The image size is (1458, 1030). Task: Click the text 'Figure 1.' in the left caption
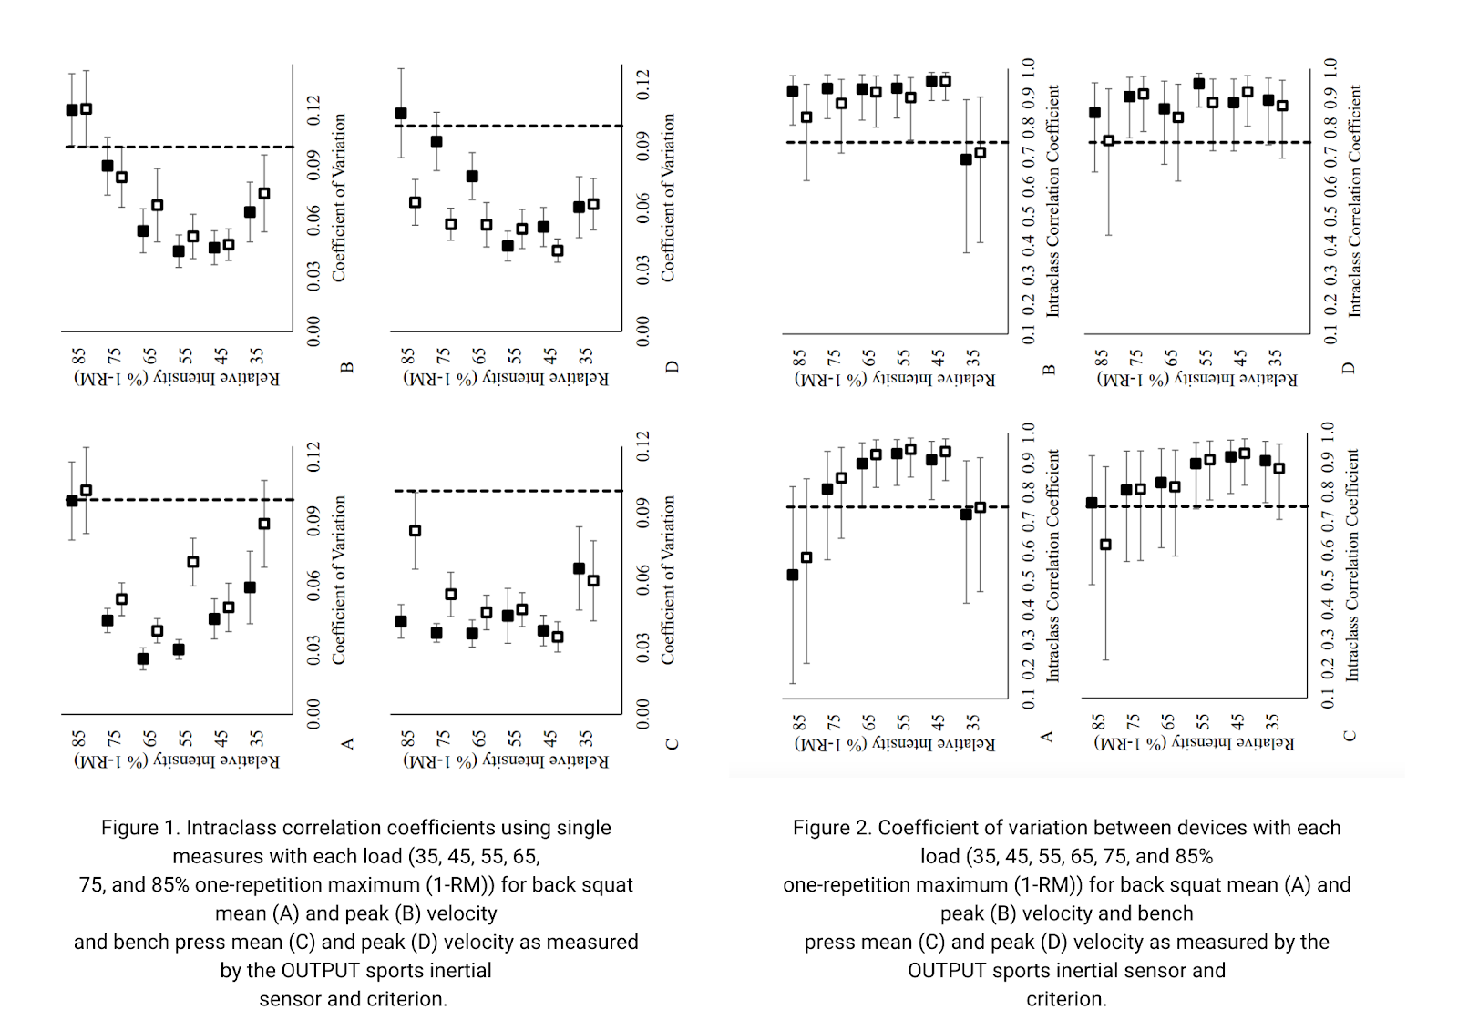(x=141, y=828)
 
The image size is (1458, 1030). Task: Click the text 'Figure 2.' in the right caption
(x=833, y=828)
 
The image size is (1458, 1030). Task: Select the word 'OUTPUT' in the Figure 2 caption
(x=947, y=971)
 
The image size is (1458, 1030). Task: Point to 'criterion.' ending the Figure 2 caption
(x=1066, y=999)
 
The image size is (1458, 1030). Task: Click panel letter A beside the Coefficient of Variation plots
(x=347, y=744)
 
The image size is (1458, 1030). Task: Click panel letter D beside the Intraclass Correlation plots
(x=1350, y=368)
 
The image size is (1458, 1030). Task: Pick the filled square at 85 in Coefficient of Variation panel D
(x=401, y=114)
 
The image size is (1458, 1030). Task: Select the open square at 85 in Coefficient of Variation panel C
(x=416, y=531)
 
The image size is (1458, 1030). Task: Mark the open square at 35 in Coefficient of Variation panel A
(x=264, y=524)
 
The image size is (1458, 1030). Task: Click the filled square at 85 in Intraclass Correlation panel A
(x=793, y=575)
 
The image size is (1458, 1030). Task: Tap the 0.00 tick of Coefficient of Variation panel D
(x=643, y=331)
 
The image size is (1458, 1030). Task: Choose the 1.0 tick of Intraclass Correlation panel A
(x=1029, y=431)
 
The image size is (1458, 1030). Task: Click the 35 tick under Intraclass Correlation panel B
(x=973, y=356)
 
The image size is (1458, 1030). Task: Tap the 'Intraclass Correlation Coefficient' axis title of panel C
(x=1352, y=565)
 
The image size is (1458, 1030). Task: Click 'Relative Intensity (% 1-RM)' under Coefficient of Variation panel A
(x=177, y=760)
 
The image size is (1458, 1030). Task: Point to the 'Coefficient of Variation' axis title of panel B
(x=339, y=197)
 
